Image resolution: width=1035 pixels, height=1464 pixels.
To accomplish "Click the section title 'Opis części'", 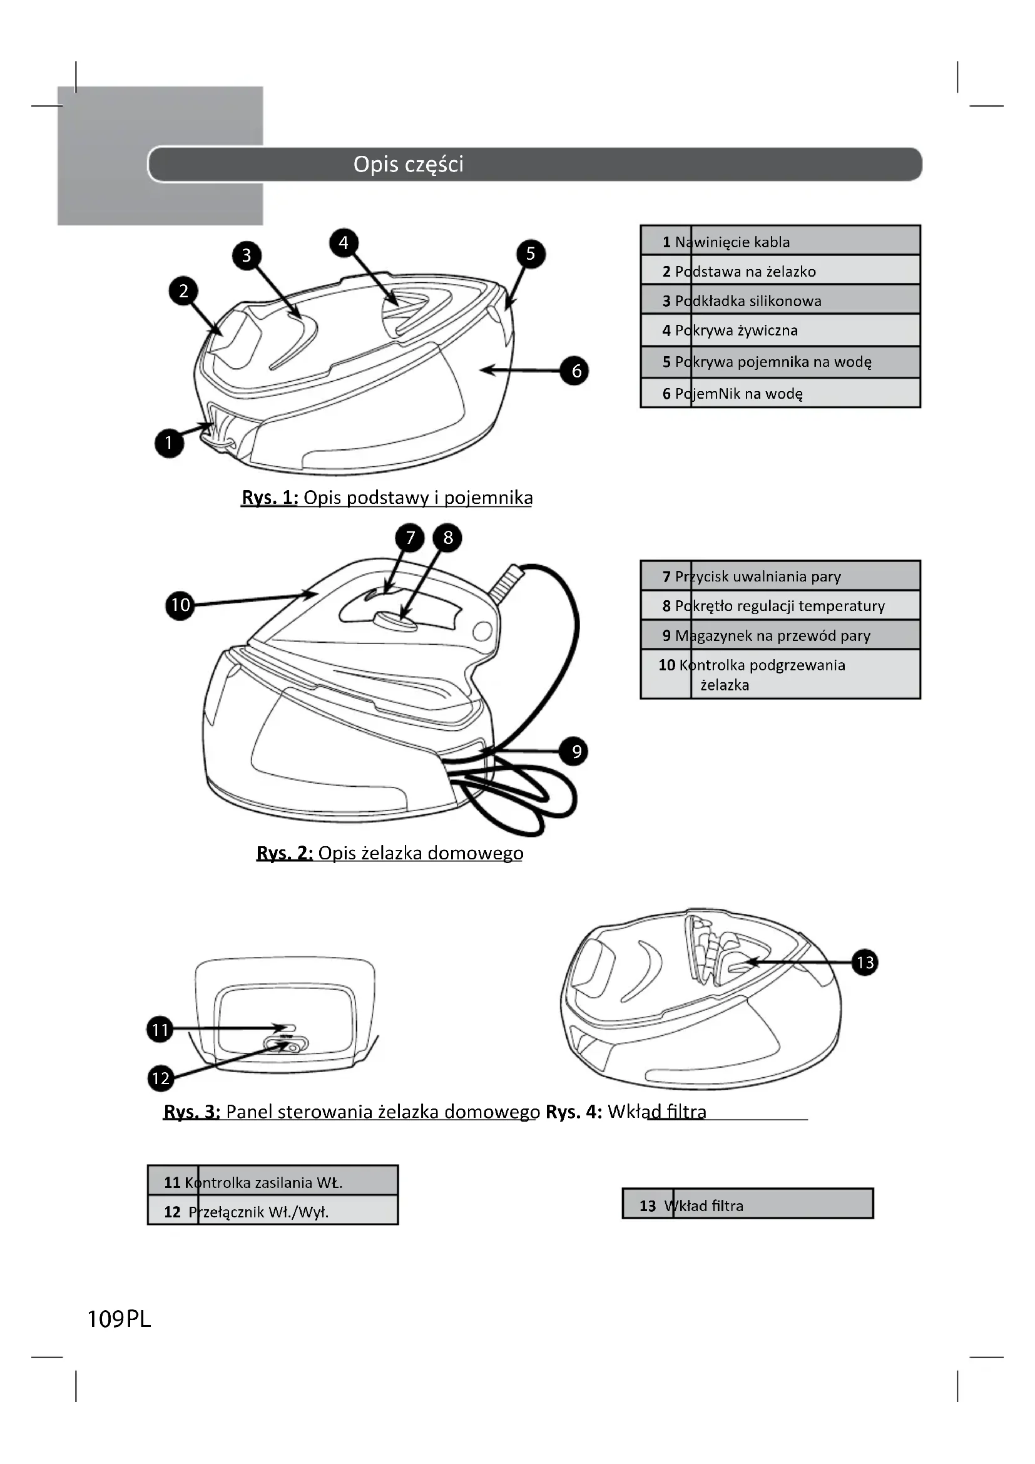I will (409, 165).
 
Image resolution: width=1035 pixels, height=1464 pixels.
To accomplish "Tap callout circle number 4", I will (344, 243).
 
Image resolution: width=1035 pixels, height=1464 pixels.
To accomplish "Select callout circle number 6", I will (576, 371).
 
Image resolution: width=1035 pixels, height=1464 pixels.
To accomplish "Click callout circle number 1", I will (169, 443).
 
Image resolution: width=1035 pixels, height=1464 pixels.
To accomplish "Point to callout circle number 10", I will (180, 605).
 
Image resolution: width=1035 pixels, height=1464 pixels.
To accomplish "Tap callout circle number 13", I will (865, 962).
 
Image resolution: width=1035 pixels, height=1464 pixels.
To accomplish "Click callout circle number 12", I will (161, 1078).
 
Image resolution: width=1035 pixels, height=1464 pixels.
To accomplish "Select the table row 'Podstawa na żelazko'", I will (780, 271).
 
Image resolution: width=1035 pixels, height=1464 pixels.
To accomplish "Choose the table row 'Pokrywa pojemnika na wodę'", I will (780, 362).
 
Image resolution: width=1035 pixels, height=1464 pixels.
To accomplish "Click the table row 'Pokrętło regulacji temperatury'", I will (780, 606).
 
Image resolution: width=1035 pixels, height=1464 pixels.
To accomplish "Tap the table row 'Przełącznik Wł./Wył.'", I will (273, 1212).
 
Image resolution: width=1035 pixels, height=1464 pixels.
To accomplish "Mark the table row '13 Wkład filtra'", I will (748, 1205).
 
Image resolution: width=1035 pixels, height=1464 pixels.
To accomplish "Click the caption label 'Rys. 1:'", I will (270, 498).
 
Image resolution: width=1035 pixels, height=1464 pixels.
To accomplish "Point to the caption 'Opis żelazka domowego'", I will (421, 853).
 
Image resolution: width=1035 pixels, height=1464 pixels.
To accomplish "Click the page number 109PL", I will (119, 1319).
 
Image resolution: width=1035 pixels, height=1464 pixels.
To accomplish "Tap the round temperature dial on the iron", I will (395, 619).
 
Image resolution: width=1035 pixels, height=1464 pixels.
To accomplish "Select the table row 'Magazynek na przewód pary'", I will (780, 635).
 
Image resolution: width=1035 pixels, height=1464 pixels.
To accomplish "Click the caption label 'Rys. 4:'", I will (574, 1112).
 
